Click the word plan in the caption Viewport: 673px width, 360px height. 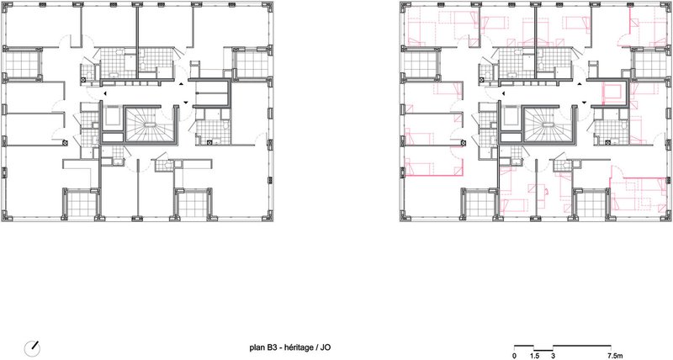point(257,347)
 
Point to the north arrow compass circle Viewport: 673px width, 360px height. point(32,347)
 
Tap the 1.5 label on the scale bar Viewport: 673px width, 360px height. point(534,356)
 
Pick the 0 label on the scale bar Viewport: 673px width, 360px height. point(515,356)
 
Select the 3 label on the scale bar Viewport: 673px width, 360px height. point(554,356)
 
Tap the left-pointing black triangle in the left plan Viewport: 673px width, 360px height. point(104,93)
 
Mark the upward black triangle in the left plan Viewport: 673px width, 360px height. point(181,84)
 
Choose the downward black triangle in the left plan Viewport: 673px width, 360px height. point(185,102)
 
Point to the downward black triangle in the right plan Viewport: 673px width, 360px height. point(584,102)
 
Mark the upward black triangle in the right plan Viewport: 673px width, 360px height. point(580,84)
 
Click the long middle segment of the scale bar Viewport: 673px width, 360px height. point(582,346)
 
